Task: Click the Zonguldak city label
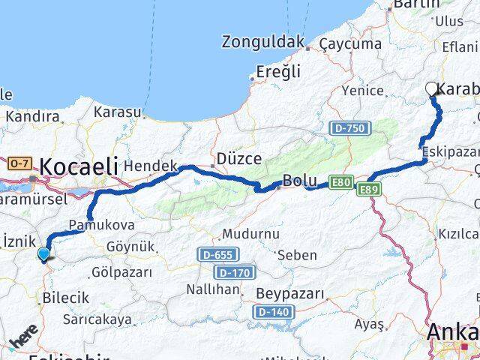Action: [262, 41]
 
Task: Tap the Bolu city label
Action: [299, 181]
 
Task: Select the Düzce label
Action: [238, 159]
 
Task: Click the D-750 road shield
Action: [349, 129]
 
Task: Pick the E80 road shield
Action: [340, 182]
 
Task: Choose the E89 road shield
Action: [369, 189]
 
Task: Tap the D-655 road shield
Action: [219, 255]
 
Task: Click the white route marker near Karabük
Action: [432, 89]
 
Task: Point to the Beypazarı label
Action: [290, 292]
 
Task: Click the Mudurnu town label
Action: [250, 234]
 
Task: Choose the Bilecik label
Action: [66, 297]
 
